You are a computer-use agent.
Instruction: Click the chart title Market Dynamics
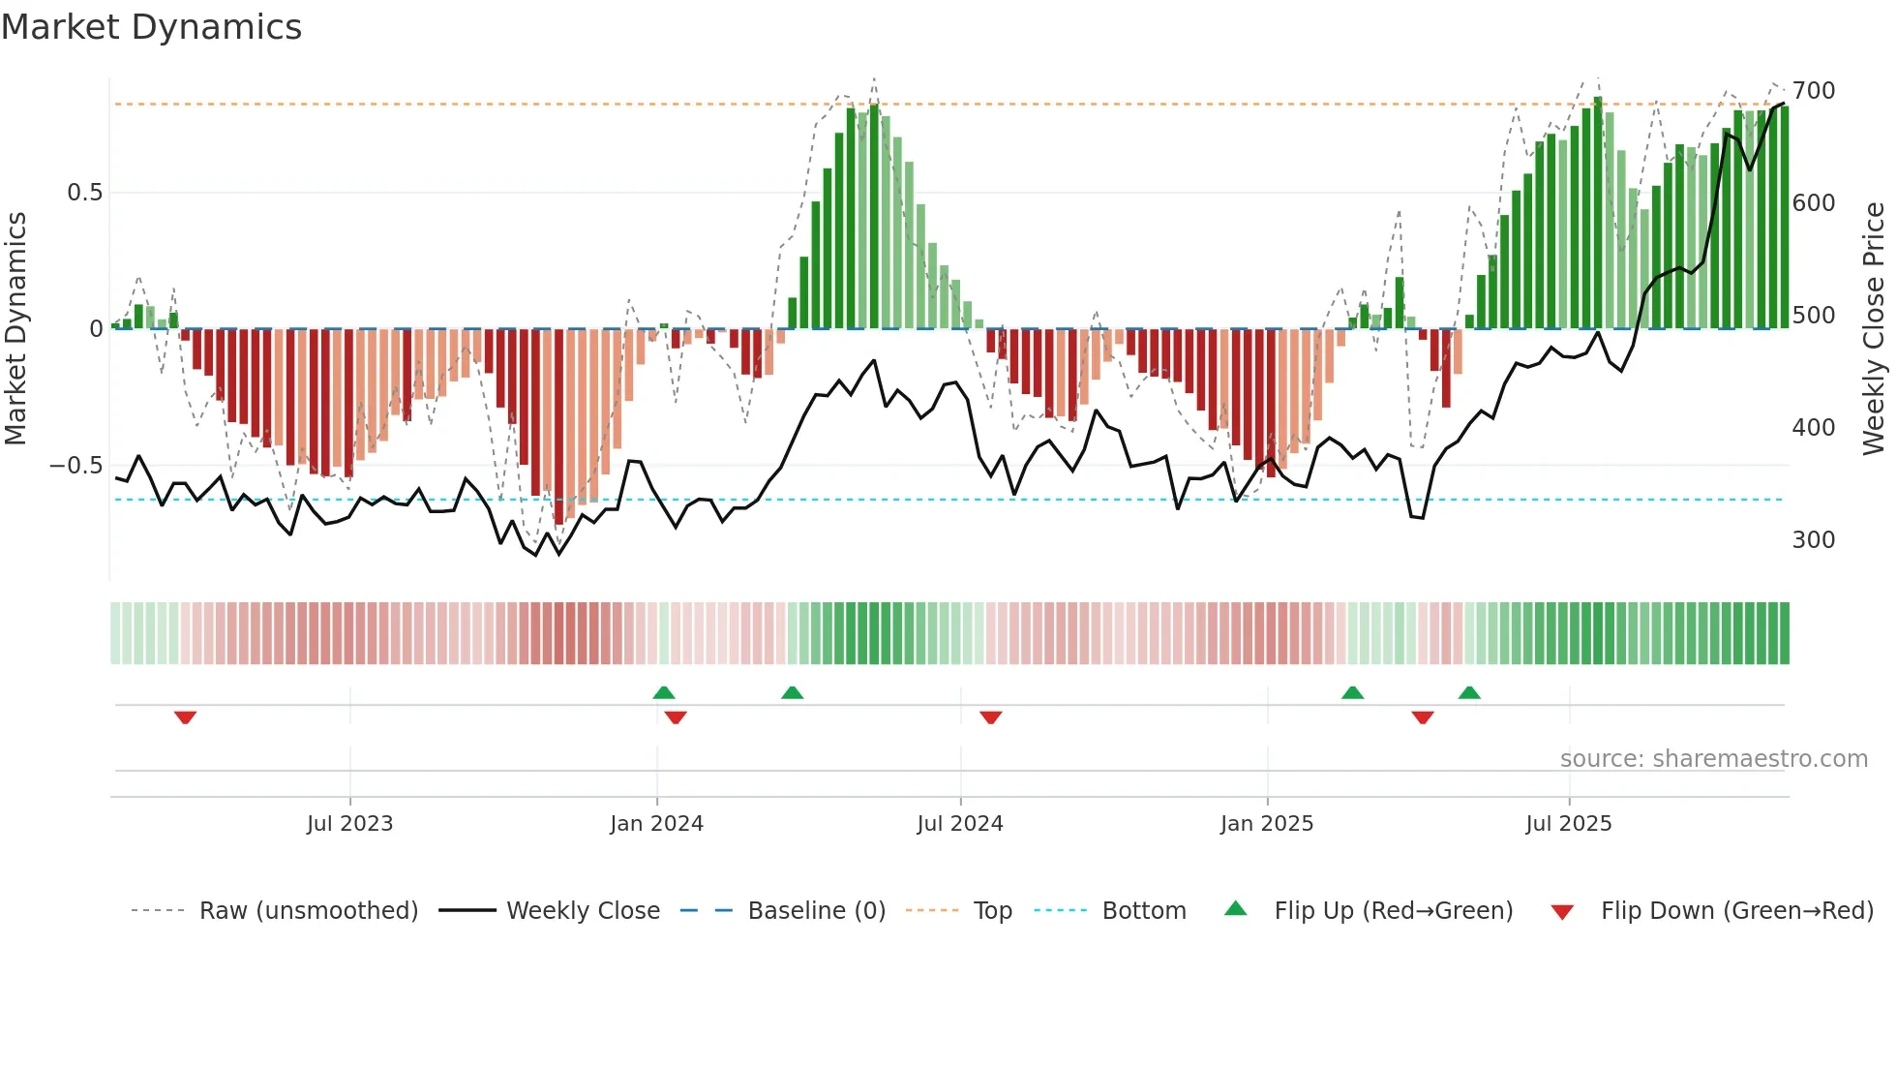(x=151, y=27)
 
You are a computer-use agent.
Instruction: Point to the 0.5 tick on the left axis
(x=84, y=193)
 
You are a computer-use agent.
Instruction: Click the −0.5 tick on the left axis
(x=76, y=466)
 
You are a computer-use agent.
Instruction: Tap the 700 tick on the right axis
(x=1813, y=91)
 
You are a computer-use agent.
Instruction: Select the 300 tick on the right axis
(x=1813, y=540)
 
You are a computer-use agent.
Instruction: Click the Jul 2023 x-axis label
(x=349, y=824)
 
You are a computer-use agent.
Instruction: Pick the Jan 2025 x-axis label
(x=1266, y=824)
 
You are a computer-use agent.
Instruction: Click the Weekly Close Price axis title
(x=1874, y=329)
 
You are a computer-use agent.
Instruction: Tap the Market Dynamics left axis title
(x=15, y=329)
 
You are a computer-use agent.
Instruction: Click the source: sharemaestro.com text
(x=1713, y=759)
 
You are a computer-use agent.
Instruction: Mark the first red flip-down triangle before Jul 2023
(x=185, y=717)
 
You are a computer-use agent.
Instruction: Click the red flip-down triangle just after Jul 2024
(x=990, y=717)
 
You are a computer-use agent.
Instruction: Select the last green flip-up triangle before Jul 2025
(x=1468, y=692)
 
